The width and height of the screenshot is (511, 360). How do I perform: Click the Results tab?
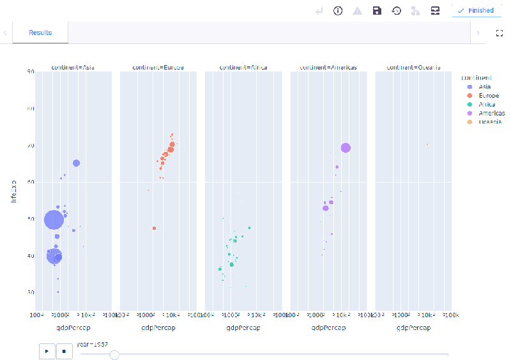[x=40, y=33]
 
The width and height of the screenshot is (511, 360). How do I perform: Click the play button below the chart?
[x=47, y=350]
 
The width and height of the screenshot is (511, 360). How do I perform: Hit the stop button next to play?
[x=64, y=350]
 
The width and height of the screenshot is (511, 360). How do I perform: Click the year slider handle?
[x=114, y=354]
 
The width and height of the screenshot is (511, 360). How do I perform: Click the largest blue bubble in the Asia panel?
[x=54, y=220]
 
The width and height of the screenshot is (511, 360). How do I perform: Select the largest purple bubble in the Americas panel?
[x=346, y=148]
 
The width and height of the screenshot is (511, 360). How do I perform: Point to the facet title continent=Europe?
[x=158, y=68]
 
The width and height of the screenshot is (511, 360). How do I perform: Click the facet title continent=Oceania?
[x=413, y=68]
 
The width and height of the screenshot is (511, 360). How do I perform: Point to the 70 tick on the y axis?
[x=30, y=146]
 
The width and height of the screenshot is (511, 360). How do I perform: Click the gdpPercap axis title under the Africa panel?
[x=243, y=328]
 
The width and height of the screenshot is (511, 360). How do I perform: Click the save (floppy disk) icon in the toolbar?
[x=377, y=11]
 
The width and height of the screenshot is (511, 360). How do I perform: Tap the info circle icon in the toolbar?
[x=338, y=11]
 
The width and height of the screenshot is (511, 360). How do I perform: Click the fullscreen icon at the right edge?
[x=500, y=33]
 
